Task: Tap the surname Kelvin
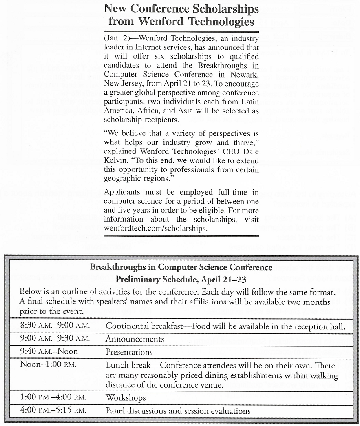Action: point(117,160)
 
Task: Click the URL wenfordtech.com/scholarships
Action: point(155,229)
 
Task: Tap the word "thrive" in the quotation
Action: point(246,143)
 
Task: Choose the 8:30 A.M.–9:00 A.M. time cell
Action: point(55,326)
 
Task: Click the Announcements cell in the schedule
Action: point(135,339)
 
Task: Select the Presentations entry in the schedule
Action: point(129,352)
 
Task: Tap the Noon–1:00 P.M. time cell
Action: point(48,364)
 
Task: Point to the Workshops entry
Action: point(126,397)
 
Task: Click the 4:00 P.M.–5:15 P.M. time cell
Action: point(53,410)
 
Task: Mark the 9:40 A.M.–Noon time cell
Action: point(49,351)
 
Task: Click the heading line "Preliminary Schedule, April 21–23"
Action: point(181,280)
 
